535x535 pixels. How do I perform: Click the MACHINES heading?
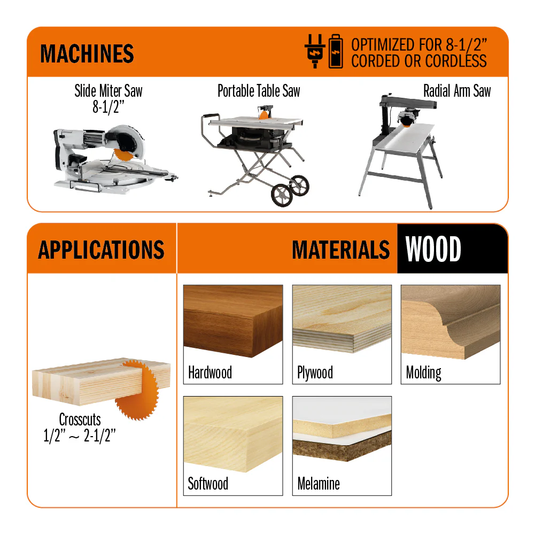pos(87,53)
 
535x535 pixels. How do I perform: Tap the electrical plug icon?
pos(315,51)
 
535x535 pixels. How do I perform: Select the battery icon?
pos(336,51)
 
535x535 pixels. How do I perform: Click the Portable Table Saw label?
pos(259,91)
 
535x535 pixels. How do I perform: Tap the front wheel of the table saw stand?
pos(282,195)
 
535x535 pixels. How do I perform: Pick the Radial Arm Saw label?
pos(457,91)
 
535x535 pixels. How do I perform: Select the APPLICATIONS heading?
pos(102,250)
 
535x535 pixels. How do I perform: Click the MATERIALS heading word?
pos(341,250)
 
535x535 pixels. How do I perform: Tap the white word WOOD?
pos(433,249)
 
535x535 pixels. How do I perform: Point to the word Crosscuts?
pos(80,420)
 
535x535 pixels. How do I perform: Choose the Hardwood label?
pos(210,372)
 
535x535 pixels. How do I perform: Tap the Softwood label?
pos(208,484)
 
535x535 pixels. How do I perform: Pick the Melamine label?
pos(319,484)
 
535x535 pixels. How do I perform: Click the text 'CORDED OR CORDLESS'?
pos(419,61)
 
